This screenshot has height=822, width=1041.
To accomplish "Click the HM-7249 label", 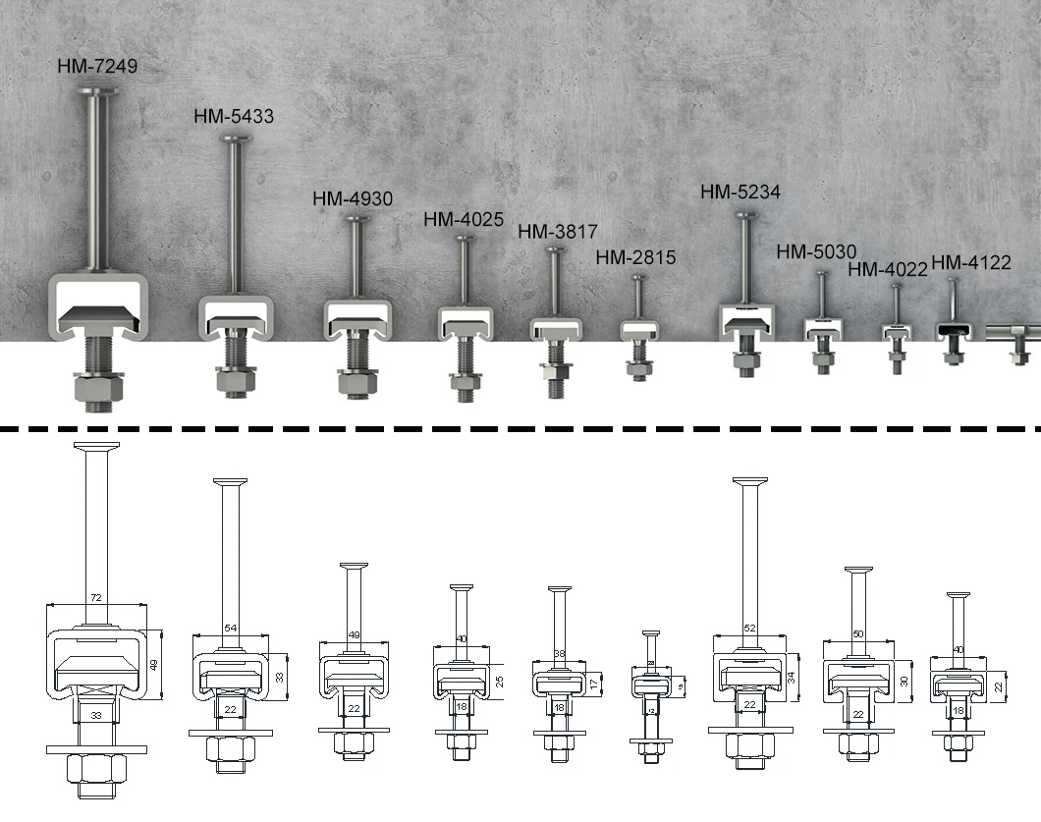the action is pos(98,66).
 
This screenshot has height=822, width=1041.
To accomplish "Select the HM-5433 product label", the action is pos(234,116).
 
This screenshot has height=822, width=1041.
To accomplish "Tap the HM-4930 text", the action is pos(353,198).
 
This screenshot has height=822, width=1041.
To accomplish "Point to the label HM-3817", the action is pos(558,232).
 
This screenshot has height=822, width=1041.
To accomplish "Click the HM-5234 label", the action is pos(740,192).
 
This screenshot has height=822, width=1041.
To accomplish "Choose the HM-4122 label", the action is pos(971,262).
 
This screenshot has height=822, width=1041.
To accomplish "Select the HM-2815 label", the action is pos(636,257).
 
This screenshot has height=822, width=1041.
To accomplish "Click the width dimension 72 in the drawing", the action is pos(96,597).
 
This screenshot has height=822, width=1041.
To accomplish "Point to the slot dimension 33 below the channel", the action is pos(96,717).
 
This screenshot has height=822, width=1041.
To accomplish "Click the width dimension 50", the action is pos(858,634).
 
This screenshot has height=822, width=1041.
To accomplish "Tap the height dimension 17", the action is pos(593,682).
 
